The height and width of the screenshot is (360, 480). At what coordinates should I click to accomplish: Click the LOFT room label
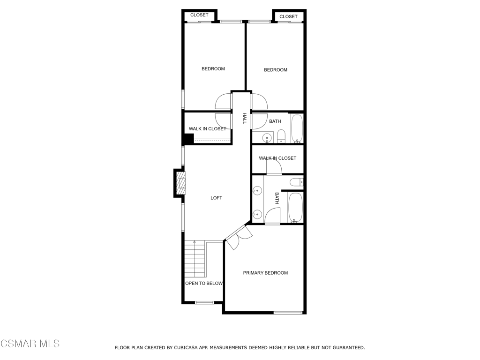pyautogui.click(x=216, y=198)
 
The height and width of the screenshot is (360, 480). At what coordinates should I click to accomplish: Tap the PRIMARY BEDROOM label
pyautogui.click(x=265, y=273)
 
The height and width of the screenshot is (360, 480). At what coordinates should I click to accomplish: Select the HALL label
pyautogui.click(x=244, y=118)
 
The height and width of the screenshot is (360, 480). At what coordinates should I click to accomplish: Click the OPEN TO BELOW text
pyautogui.click(x=203, y=283)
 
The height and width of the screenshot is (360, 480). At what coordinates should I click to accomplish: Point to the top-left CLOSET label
pyautogui.click(x=199, y=15)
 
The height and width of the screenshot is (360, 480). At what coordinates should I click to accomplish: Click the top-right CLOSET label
pyautogui.click(x=288, y=16)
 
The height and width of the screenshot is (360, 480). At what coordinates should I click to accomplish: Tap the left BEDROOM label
pyautogui.click(x=213, y=69)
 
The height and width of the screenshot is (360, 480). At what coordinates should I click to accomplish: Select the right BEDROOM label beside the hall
pyautogui.click(x=276, y=70)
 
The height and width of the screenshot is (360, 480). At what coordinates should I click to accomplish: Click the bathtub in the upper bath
pyautogui.click(x=297, y=128)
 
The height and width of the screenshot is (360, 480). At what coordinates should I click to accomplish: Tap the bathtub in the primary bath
pyautogui.click(x=295, y=207)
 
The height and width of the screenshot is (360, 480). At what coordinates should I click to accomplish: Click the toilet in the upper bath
pyautogui.click(x=281, y=136)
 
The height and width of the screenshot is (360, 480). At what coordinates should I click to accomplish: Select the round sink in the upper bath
pyautogui.click(x=266, y=138)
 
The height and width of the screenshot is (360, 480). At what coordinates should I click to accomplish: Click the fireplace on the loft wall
pyautogui.click(x=180, y=183)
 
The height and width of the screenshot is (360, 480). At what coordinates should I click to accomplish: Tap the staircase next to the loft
pyautogui.click(x=195, y=259)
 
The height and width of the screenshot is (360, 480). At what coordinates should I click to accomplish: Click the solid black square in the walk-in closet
pyautogui.click(x=188, y=139)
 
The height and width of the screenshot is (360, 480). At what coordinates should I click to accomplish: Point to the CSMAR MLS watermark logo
pyautogui.click(x=30, y=344)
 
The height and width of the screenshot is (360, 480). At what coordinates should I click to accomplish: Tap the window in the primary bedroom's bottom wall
pyautogui.click(x=288, y=312)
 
